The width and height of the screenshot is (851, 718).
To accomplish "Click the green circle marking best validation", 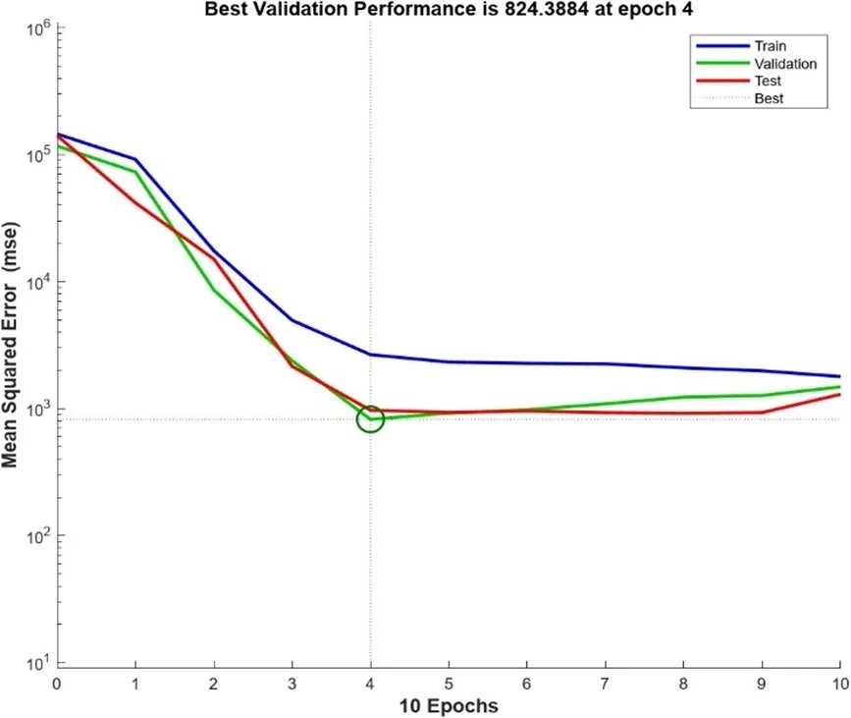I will pyautogui.click(x=370, y=419).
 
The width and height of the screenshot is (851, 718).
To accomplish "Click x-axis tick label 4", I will pyautogui.click(x=370, y=683).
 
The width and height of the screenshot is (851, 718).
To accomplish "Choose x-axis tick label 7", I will pyautogui.click(x=606, y=683).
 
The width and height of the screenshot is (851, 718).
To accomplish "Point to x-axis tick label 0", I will pyautogui.click(x=57, y=683).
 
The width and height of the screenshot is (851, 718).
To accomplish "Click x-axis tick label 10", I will pyautogui.click(x=839, y=683).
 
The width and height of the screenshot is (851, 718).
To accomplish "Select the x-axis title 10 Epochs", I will pyautogui.click(x=449, y=705).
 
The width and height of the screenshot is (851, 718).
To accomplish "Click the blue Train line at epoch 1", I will pyautogui.click(x=135, y=159).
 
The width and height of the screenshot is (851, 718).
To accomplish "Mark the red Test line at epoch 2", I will pyautogui.click(x=214, y=258).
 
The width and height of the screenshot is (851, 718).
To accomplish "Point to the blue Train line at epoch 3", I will pyautogui.click(x=293, y=320).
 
